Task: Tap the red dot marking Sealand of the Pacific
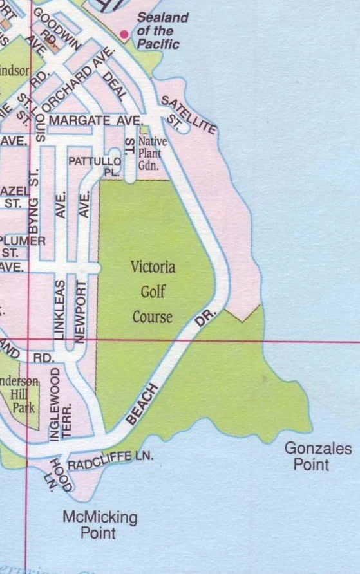[124, 33]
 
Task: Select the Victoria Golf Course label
[153, 292]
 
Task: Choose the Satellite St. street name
[188, 115]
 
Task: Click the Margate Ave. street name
[95, 121]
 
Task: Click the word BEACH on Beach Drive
[142, 403]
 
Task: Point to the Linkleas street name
[60, 310]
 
